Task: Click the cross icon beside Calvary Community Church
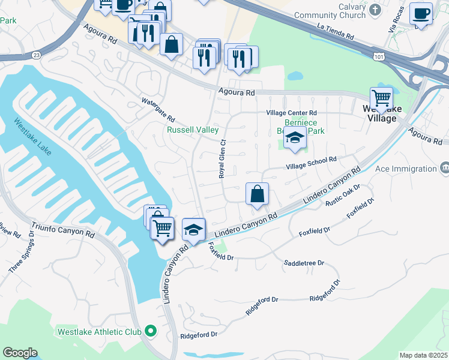point(375,10)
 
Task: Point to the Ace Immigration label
point(406,169)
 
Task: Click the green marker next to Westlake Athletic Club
point(150,331)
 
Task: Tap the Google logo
point(19,353)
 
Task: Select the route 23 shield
point(37,55)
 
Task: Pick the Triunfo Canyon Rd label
point(64,225)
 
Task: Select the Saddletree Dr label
point(304,263)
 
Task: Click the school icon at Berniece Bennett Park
point(295,139)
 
